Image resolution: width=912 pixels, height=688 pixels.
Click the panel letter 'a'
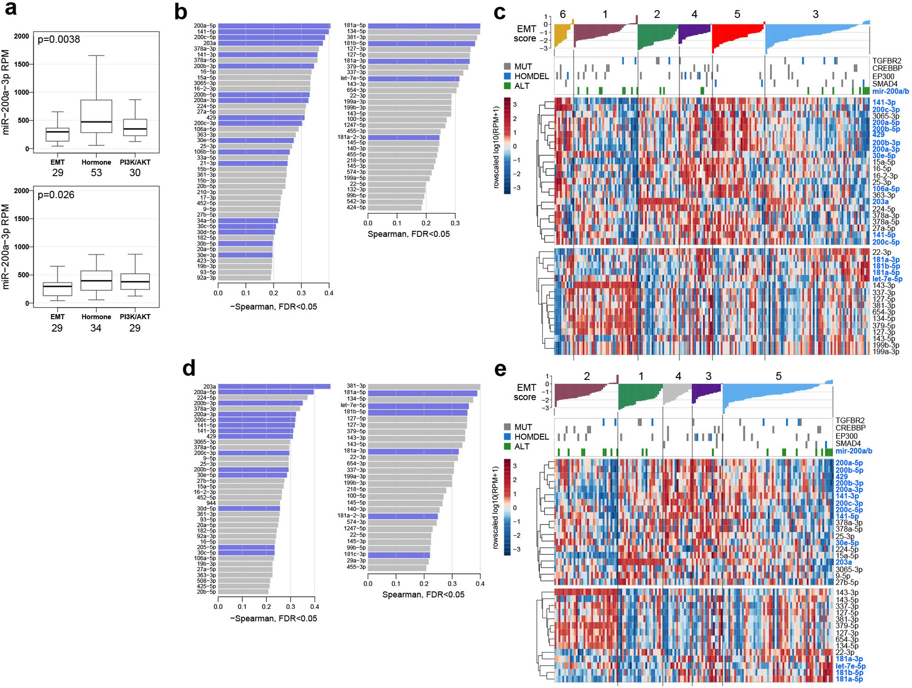tap(10, 9)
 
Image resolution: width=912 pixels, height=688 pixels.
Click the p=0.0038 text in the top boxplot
tap(59, 40)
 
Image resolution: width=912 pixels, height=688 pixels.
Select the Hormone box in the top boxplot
tap(96, 116)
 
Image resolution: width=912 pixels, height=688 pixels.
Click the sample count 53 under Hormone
tap(96, 173)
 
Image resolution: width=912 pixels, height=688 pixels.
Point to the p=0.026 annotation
tap(56, 195)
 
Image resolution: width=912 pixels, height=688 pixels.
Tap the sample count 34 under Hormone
tap(96, 328)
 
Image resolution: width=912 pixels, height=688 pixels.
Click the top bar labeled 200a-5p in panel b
tap(274, 26)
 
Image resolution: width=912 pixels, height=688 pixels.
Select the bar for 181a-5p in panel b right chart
tap(423, 26)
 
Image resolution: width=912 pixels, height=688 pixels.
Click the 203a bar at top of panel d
tap(274, 386)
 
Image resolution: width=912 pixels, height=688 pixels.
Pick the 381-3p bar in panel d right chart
tap(423, 386)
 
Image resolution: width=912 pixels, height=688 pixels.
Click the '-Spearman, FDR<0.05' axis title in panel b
tap(273, 306)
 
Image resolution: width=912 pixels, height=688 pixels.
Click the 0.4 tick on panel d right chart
tap(479, 584)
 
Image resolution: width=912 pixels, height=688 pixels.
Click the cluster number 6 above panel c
tap(562, 14)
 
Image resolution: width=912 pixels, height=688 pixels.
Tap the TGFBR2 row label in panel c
tap(886, 61)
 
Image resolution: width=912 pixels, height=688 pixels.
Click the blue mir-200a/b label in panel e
tap(853, 451)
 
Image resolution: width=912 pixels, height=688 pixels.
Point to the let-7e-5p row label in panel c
tap(887, 279)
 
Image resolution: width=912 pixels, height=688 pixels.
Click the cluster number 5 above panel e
tap(778, 376)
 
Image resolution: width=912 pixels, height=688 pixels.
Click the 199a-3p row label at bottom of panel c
tap(886, 351)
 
